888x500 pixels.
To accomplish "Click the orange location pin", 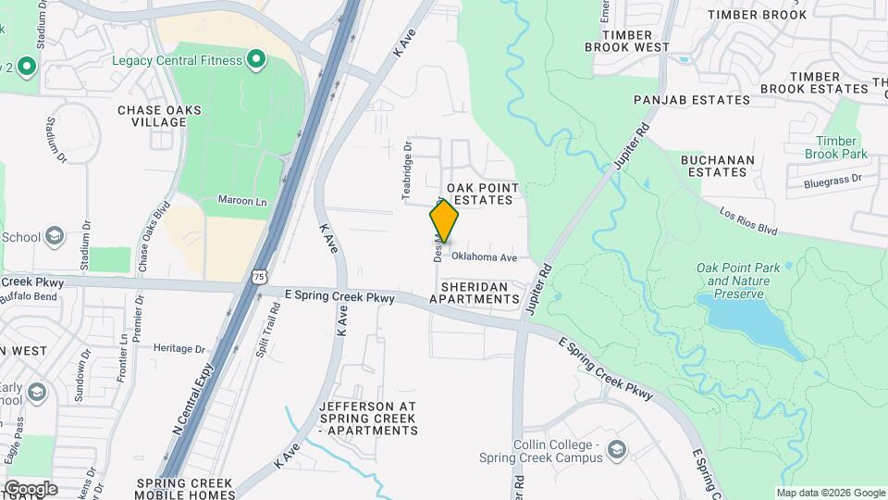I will [x=444, y=220].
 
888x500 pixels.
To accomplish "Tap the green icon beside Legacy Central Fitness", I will [x=256, y=61].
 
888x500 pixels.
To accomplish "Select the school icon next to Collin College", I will [x=617, y=450].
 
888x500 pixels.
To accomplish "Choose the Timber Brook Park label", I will [x=835, y=147].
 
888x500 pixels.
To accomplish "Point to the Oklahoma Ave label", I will [x=484, y=257].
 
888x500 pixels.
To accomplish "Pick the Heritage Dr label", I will [x=179, y=349].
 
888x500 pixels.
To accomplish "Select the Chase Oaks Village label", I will [x=159, y=116].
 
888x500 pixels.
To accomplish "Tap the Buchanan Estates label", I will [x=718, y=166].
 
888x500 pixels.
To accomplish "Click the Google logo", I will [x=31, y=488].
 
